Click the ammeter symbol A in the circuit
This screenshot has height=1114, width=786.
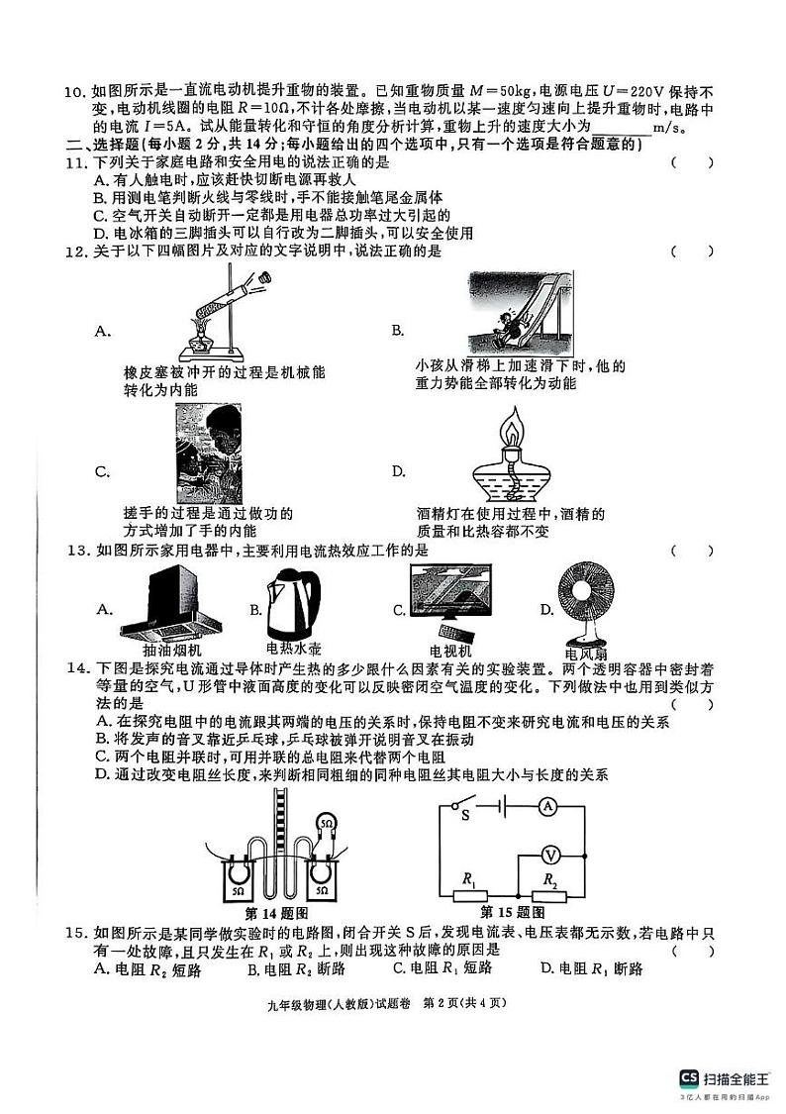pos(546,808)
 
